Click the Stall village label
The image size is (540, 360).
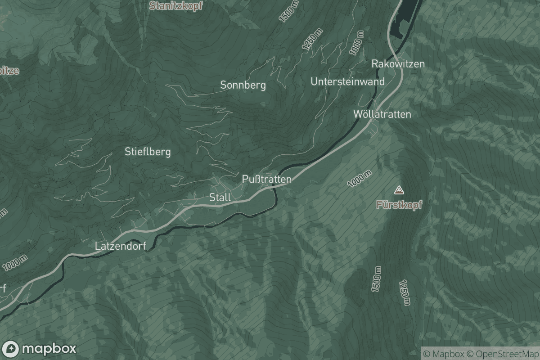220,197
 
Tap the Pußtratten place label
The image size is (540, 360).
267,179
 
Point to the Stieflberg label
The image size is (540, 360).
148,152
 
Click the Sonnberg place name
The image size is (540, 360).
243,85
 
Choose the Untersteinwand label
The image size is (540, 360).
348,81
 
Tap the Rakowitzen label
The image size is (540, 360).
398,64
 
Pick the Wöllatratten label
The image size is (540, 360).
382,114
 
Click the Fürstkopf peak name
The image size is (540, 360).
400,205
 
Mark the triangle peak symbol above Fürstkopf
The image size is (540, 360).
398,190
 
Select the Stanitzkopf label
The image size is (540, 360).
176,6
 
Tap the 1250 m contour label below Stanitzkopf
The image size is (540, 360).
313,38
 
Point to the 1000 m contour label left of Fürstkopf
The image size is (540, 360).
359,179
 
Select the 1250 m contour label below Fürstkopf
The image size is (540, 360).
405,293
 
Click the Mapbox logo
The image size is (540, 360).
39,349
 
